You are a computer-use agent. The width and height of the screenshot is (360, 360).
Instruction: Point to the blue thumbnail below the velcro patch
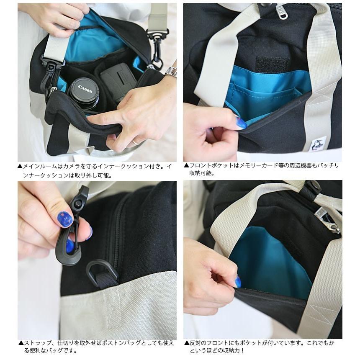pyautogui.click(x=242, y=123)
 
